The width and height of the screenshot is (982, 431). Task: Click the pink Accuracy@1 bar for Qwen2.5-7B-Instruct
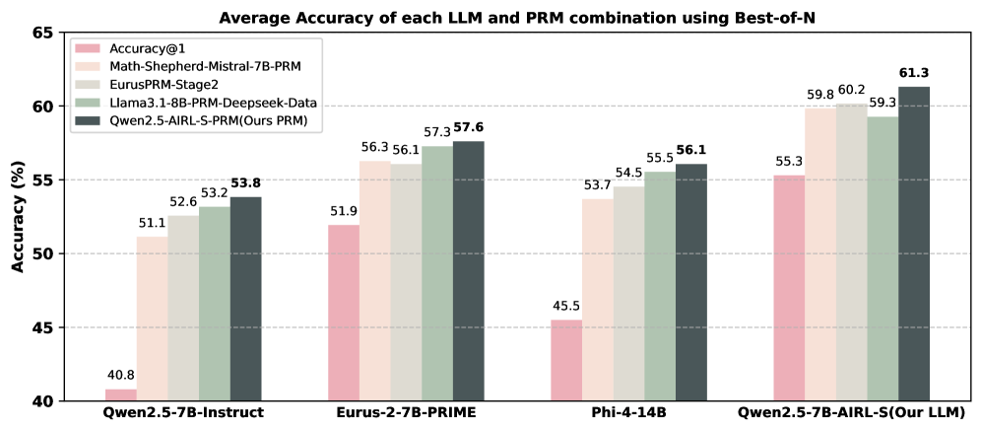tap(121, 395)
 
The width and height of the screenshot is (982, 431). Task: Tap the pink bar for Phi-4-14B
tap(566, 360)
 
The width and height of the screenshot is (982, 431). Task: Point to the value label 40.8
tap(121, 376)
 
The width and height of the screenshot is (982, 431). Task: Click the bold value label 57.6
tap(469, 128)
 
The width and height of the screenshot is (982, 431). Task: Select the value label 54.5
tap(628, 174)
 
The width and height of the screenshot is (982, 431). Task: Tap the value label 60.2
tap(851, 90)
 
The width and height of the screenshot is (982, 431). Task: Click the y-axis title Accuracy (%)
tap(17, 217)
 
